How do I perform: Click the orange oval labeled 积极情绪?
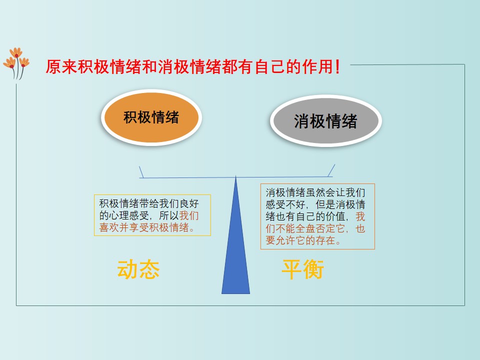tap(151, 117)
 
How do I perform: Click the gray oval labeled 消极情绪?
tap(325, 121)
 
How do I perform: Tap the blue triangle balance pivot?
tap(235, 235)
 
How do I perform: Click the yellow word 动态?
tap(138, 269)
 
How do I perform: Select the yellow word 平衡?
tap(303, 269)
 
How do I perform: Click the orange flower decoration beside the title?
tap(16, 63)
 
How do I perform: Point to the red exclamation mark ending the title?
tap(337, 66)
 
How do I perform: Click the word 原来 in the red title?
tap(61, 66)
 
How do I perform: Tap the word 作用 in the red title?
tap(317, 66)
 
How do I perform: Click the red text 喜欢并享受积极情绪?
tap(144, 227)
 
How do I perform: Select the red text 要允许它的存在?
tap(300, 240)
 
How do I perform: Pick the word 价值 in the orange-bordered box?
tap(335, 216)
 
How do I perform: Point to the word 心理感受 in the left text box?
tap(129, 215)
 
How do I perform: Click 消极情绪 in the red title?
tap(189, 66)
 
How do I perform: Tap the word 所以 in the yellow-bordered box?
tap(169, 215)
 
